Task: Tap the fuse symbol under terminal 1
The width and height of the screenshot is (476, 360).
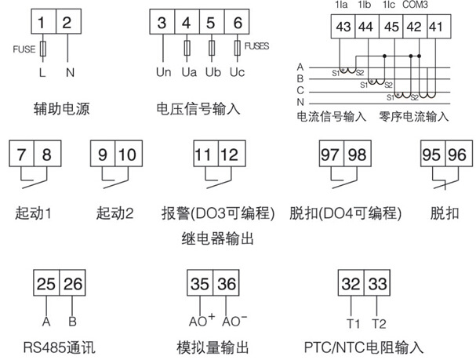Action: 42,50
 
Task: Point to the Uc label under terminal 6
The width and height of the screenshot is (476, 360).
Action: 237,75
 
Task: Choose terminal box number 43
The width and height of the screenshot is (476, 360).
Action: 343,28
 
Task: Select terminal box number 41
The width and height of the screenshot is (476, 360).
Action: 436,28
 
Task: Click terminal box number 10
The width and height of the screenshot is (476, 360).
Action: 127,155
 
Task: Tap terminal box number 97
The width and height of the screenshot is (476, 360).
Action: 330,155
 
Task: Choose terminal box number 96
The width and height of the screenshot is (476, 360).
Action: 456,155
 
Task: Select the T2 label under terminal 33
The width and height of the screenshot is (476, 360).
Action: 379,322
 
